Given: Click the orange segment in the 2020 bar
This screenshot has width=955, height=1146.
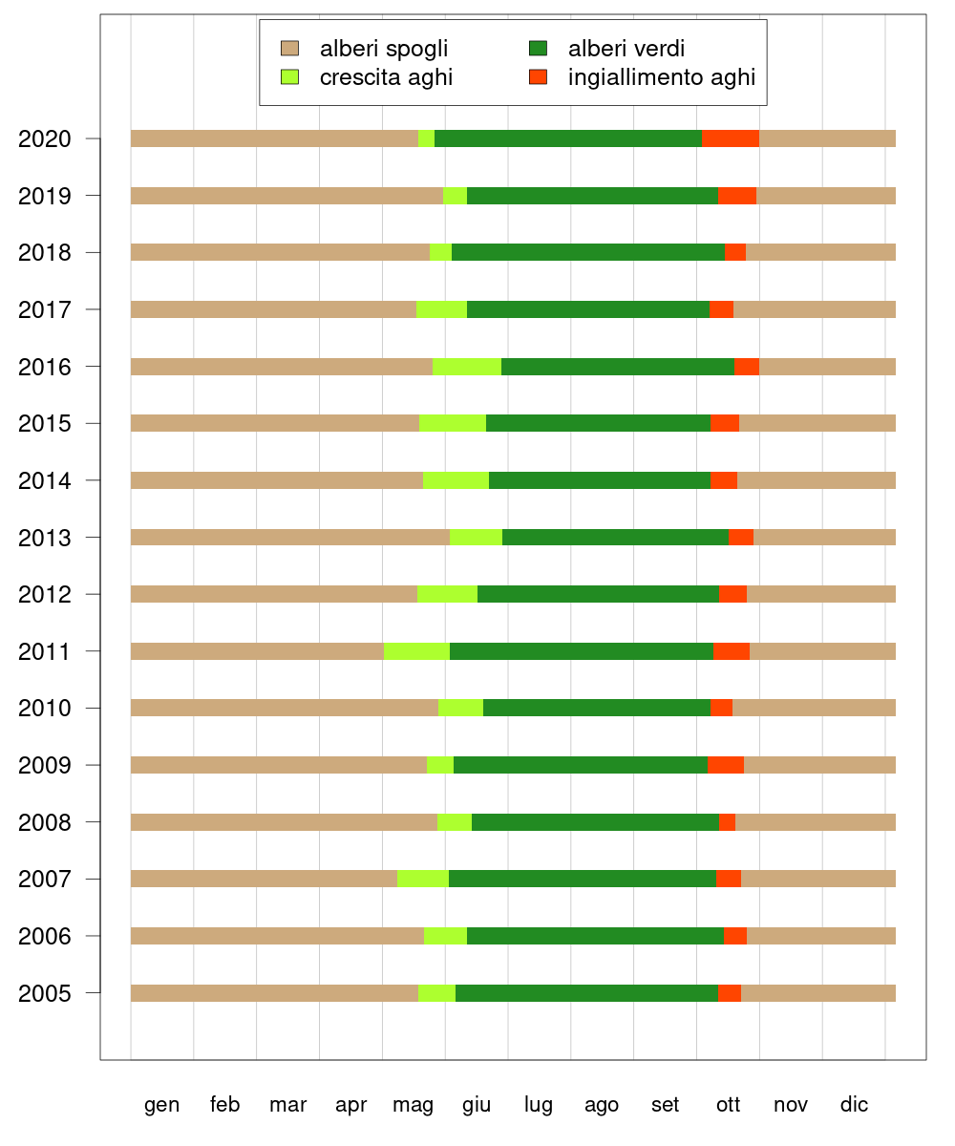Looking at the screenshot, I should point(731,138).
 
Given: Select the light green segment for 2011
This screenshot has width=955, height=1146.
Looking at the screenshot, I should point(416,651).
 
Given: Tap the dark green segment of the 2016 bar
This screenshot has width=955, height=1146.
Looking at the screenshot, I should point(618,367).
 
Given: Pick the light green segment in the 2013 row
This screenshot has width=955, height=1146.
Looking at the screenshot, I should point(476,537).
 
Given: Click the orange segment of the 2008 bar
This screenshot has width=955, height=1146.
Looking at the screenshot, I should point(727,822).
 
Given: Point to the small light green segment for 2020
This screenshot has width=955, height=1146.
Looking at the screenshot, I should point(426,138).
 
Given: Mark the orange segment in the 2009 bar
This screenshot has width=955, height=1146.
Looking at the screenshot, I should point(726,765).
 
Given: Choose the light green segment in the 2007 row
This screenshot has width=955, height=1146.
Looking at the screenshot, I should point(423,879).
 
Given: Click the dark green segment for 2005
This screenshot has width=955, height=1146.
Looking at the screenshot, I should point(586,993).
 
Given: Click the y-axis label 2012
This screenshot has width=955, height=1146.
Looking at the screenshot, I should point(44,595).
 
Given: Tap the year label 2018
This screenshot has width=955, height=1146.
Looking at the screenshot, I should point(44,253).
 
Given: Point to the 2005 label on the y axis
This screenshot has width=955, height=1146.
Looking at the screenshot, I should point(44,994).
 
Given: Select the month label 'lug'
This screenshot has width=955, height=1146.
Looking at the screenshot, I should point(539,1105).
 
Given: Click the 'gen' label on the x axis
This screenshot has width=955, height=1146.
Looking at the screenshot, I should point(161,1105).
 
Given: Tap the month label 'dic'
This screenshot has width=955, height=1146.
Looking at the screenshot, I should point(854,1105).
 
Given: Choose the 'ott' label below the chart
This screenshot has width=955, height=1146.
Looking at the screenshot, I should point(728,1105).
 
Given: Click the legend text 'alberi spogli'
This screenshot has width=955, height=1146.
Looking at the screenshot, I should point(384,49).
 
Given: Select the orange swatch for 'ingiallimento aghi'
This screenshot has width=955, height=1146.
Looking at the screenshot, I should point(538,76).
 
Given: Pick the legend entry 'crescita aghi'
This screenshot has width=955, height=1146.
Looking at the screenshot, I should point(386,77).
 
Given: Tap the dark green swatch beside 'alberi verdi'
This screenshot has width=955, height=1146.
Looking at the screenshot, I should point(538,48).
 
